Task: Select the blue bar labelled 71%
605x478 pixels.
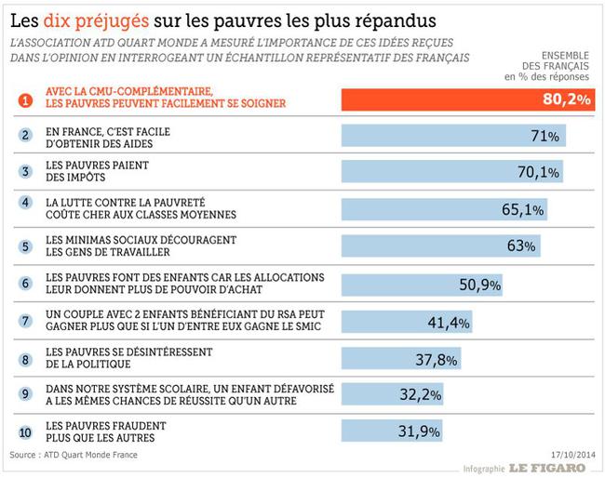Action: [453, 136]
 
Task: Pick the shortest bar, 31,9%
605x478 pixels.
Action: [392, 432]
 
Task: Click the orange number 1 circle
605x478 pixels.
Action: [25, 99]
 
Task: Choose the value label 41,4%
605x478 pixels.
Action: [450, 321]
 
